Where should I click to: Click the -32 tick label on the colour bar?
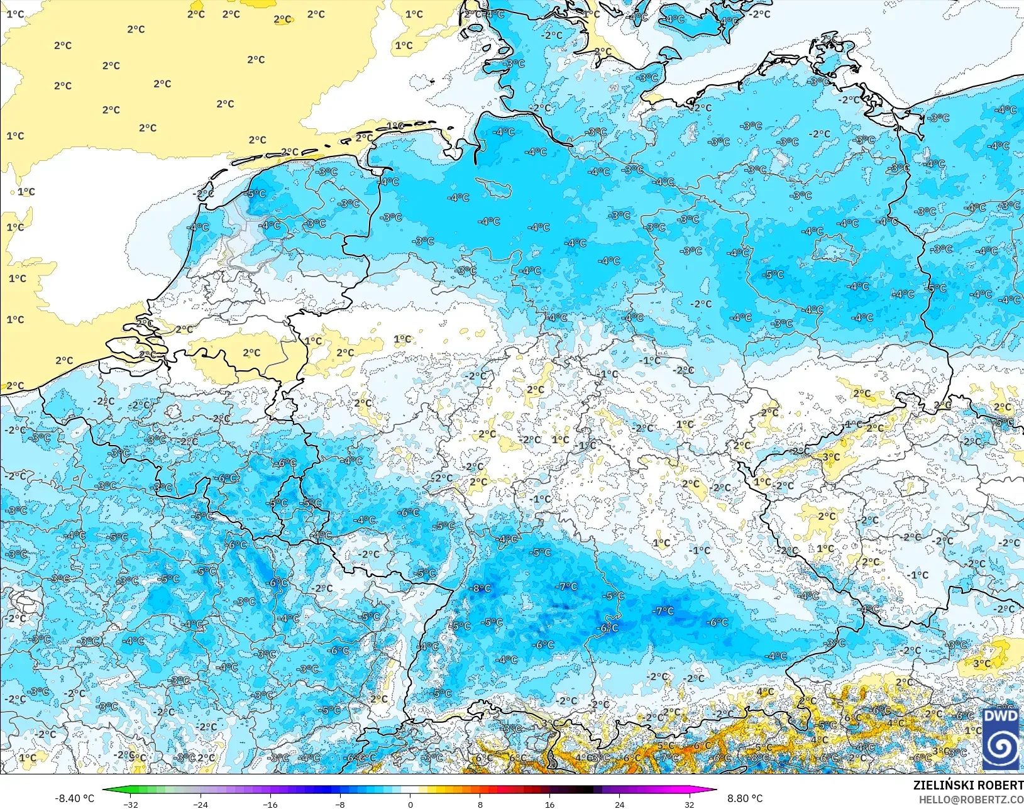(131, 804)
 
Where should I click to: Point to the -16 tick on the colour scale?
(270, 804)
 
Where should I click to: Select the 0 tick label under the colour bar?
(410, 804)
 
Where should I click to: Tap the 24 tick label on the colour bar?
(620, 804)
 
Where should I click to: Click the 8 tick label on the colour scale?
(480, 804)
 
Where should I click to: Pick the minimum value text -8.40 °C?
(74, 798)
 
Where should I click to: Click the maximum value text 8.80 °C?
(745, 798)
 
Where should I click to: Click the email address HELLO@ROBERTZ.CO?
(971, 800)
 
